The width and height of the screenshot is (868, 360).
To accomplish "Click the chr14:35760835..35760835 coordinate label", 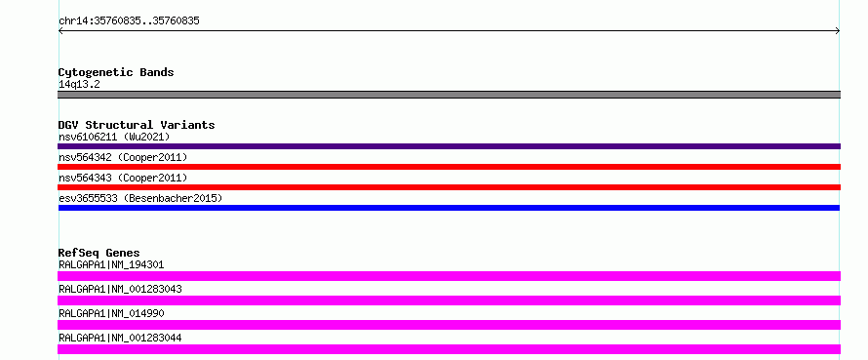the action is click(129, 21).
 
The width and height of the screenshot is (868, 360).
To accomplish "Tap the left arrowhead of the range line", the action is click(60, 31).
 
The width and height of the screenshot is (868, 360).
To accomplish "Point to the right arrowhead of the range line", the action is click(838, 31).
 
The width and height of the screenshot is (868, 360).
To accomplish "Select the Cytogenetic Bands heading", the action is click(116, 72).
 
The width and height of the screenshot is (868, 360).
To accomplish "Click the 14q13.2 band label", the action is click(79, 85).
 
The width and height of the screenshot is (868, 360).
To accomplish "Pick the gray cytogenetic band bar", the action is click(449, 95).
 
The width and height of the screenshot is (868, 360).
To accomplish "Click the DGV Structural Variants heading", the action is click(137, 125).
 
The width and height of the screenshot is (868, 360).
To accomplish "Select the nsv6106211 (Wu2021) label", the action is click(114, 137).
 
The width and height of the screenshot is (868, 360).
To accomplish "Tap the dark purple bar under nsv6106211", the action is click(449, 146).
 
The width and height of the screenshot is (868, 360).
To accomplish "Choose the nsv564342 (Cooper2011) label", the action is click(123, 157).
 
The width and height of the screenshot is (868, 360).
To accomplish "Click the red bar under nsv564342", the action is click(449, 167).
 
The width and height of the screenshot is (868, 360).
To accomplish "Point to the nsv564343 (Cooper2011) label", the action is click(123, 178).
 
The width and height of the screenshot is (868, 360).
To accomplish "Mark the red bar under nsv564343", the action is click(449, 187).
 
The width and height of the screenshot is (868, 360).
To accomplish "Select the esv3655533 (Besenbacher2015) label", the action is click(140, 198).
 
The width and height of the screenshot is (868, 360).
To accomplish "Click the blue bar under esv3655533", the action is click(449, 208).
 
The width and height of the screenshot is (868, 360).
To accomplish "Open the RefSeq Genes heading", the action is click(99, 253).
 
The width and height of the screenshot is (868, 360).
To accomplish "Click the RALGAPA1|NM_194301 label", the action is click(111, 264).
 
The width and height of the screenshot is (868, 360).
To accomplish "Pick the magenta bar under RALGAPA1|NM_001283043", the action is click(449, 300).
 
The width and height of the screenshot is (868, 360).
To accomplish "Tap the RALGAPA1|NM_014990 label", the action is click(111, 313).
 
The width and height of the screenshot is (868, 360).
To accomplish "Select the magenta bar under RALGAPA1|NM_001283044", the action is click(449, 349).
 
